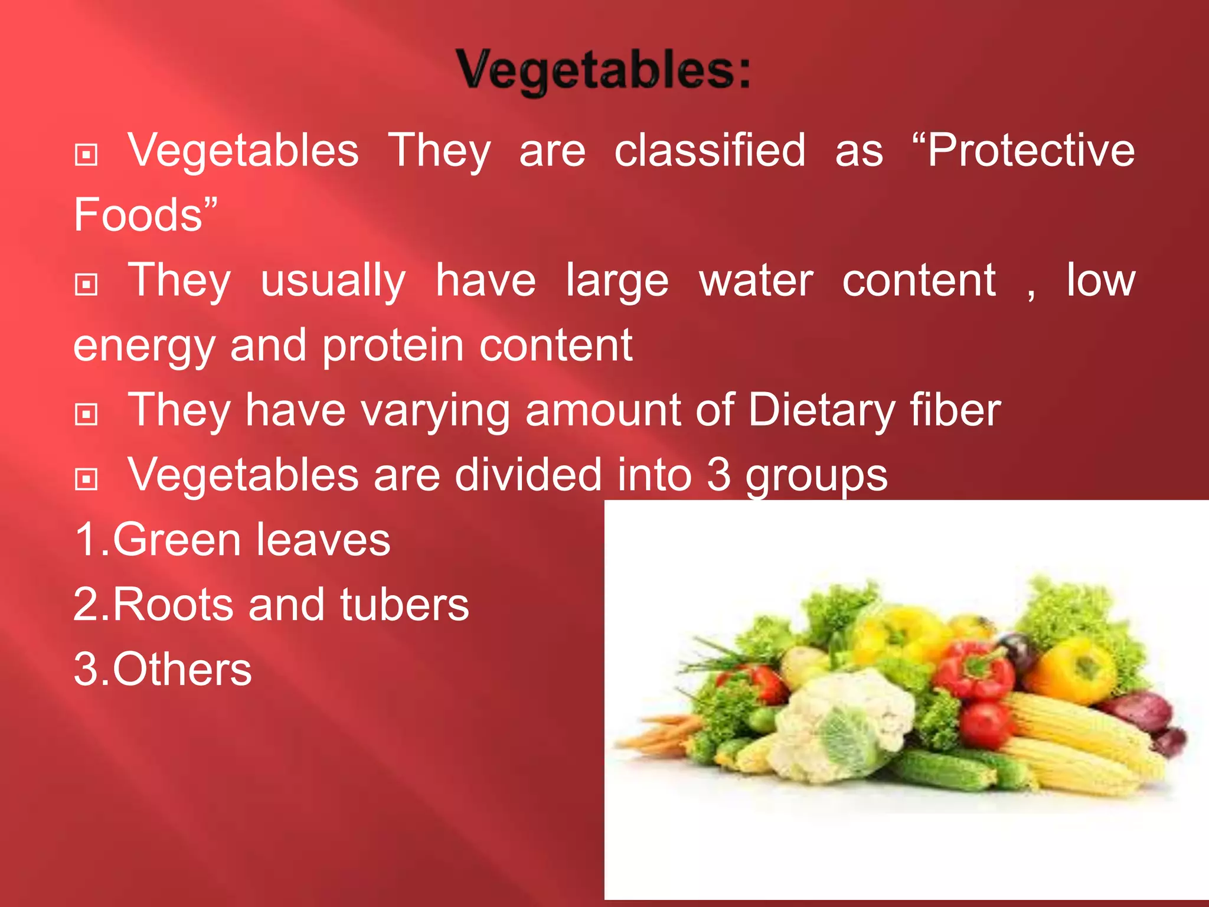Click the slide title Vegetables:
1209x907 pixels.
(x=603, y=71)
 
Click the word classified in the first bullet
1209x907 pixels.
(x=710, y=151)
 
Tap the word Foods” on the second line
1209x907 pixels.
(x=145, y=215)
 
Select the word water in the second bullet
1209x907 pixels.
(x=756, y=280)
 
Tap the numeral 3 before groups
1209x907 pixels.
(x=718, y=475)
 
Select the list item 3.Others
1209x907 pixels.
(x=163, y=670)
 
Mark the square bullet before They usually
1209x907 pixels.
(x=87, y=285)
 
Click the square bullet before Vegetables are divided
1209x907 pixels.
(x=87, y=479)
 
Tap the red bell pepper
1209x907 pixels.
(x=974, y=670)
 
